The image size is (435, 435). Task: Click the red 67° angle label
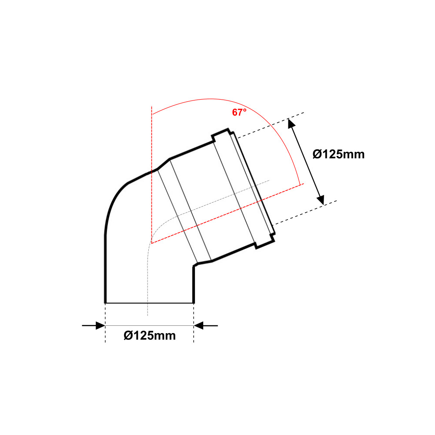click(239, 112)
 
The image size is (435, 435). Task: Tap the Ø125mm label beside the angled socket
click(338, 154)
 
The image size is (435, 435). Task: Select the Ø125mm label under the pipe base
click(150, 335)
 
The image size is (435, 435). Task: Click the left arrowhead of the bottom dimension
click(100, 325)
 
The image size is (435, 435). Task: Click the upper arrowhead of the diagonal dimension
click(291, 124)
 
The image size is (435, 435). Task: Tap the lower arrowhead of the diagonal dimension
click(321, 200)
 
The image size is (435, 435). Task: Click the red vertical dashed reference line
click(152, 175)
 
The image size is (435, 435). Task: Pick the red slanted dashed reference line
click(228, 213)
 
